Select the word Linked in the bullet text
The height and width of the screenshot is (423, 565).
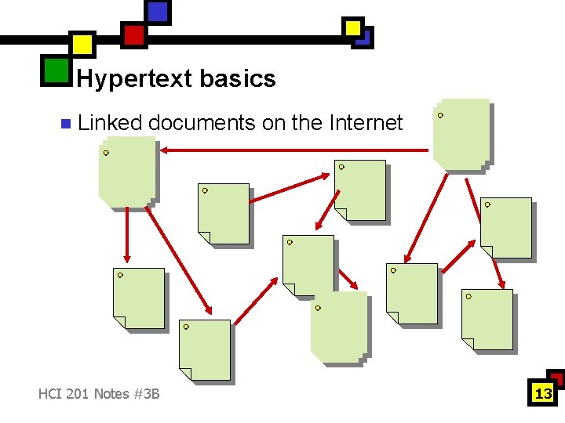tap(110, 123)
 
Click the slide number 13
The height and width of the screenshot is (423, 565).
tap(543, 393)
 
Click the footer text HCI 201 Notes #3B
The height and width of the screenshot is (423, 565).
tap(99, 393)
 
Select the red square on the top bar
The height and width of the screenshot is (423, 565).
tap(133, 35)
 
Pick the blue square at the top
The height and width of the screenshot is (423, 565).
tap(158, 12)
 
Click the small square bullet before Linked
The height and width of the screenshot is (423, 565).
tap(65, 124)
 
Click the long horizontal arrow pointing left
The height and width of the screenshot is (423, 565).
tap(293, 149)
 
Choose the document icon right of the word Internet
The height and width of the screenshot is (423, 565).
tap(462, 135)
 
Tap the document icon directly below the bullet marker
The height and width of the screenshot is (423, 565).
tap(126, 173)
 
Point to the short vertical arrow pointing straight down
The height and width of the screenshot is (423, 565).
tap(126, 236)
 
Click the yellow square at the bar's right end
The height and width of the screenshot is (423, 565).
tap(354, 28)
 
